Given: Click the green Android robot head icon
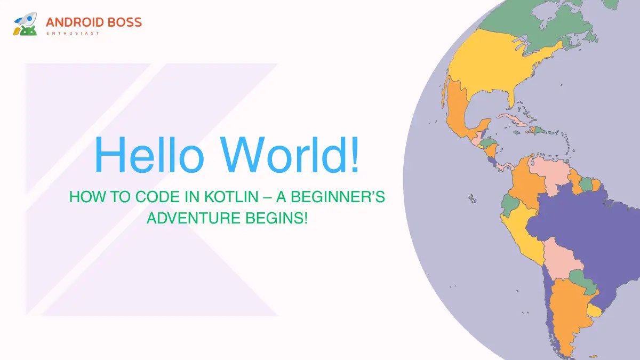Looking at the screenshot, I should point(29,29).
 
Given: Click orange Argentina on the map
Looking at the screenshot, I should point(568,315).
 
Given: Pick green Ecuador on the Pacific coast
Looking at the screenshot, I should point(510,203).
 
